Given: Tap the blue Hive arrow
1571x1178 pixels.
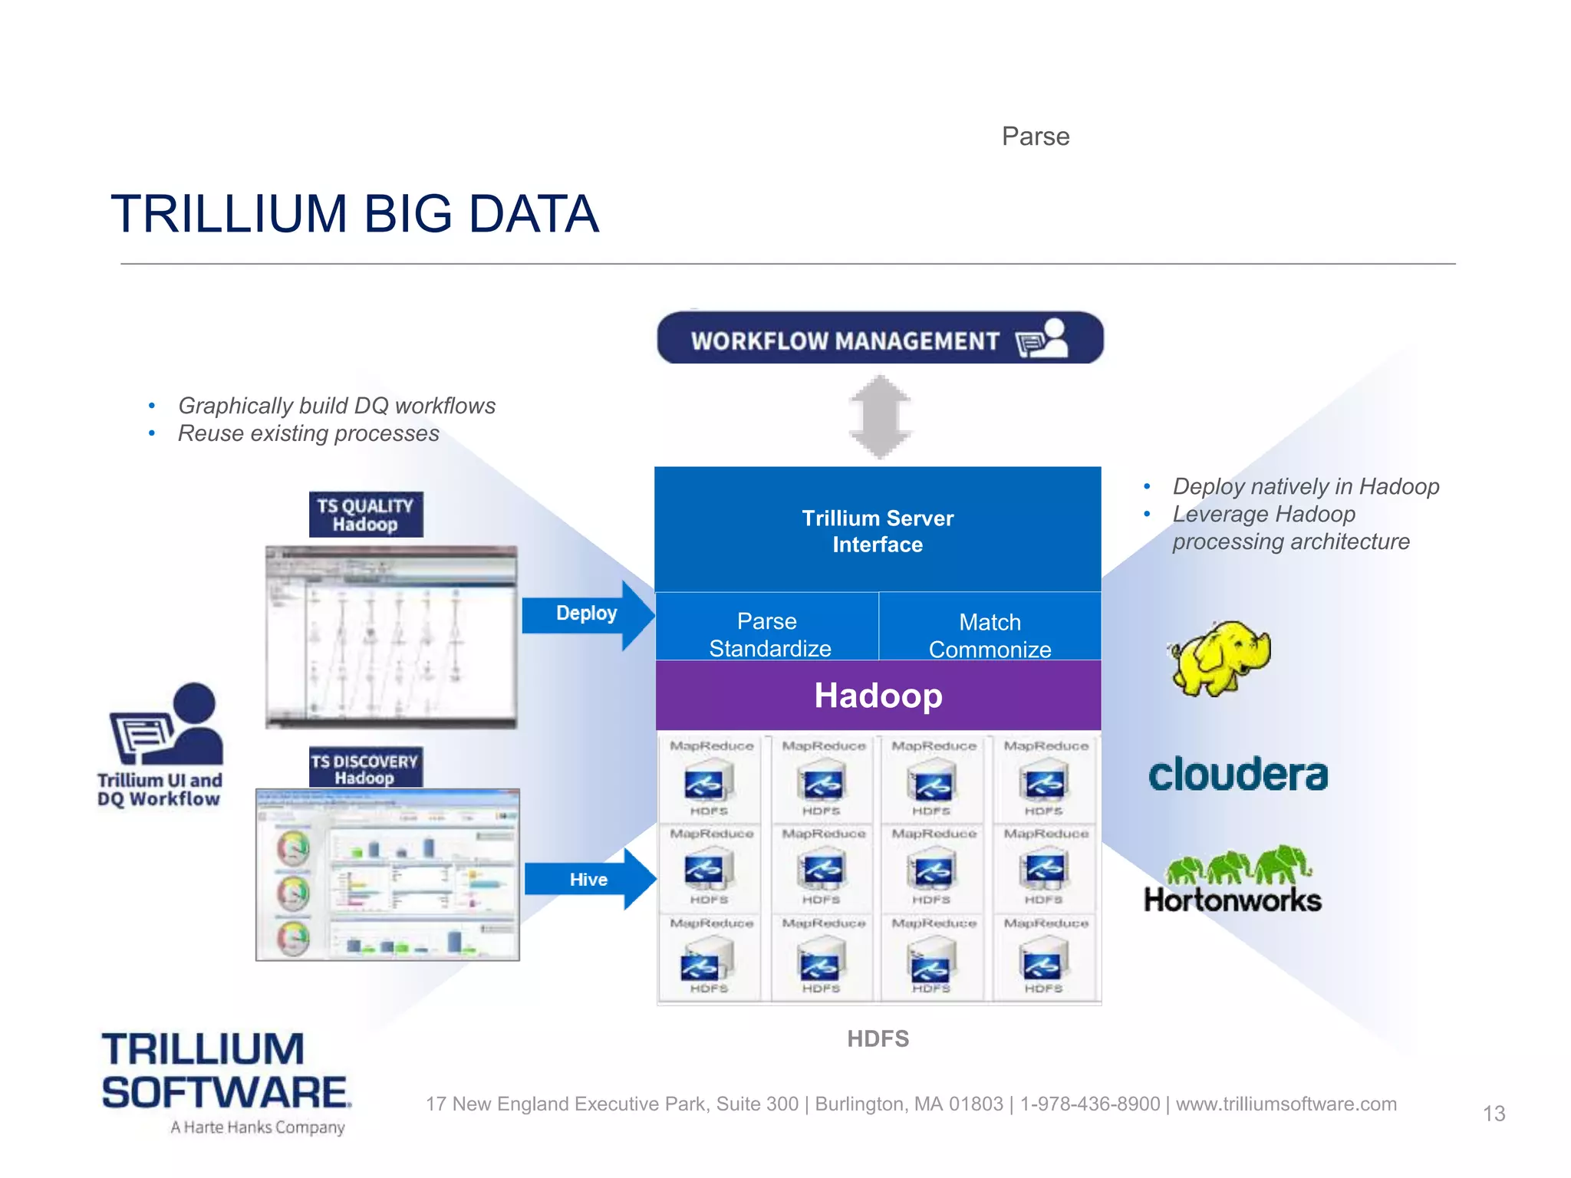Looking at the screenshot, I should tap(588, 879).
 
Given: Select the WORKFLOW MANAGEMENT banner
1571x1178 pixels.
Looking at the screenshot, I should tap(879, 338).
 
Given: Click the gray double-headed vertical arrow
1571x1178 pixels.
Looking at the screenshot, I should tap(880, 416).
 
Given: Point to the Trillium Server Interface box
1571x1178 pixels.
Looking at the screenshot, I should tap(878, 531).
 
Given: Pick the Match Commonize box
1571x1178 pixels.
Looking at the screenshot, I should tap(990, 634).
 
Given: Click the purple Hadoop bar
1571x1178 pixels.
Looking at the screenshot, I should tap(878, 696).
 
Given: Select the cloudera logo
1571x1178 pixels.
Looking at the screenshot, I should tap(1238, 775).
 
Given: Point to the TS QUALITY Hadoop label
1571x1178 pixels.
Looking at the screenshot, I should tap(365, 515).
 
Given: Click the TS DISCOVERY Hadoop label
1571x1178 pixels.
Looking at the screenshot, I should tap(365, 768).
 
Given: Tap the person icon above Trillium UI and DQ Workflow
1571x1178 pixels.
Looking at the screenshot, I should tap(167, 723).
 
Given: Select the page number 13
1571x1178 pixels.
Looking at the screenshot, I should tap(1494, 1114).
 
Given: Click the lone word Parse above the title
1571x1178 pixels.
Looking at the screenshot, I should tap(1035, 137).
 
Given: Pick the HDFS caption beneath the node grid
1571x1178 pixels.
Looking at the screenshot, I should tap(878, 1038).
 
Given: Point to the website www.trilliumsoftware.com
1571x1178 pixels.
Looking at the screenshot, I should tap(1286, 1104).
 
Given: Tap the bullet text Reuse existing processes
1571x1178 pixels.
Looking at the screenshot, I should tap(308, 434).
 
